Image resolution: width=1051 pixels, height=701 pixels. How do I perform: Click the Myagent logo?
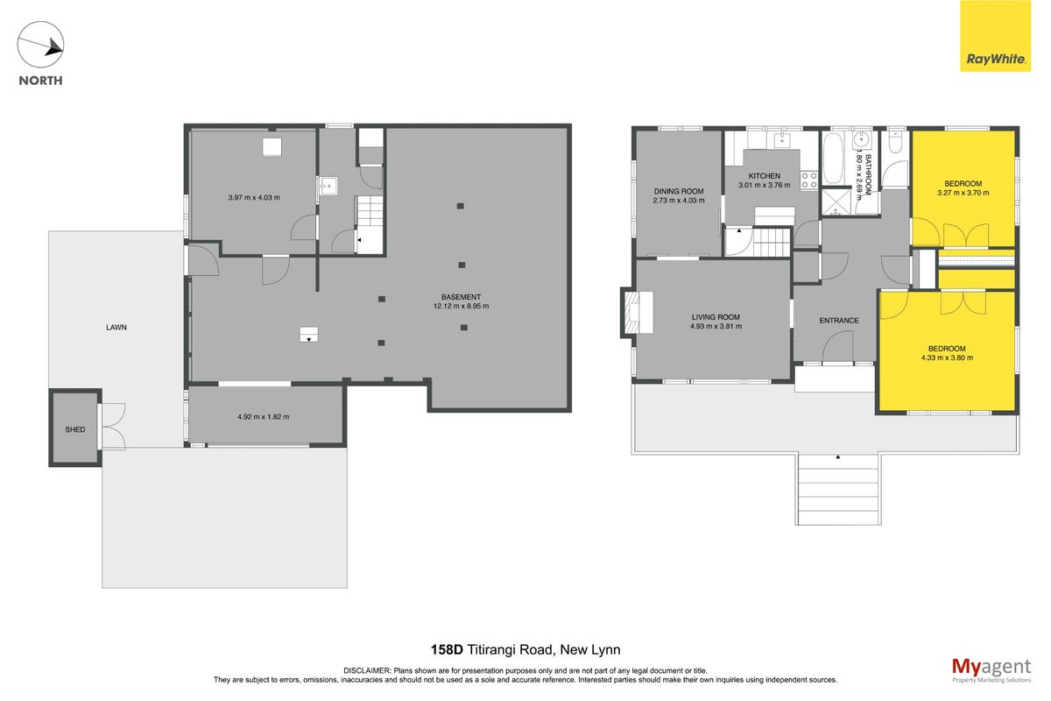coord(991,670)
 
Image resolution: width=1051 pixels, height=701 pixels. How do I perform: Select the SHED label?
coord(75,429)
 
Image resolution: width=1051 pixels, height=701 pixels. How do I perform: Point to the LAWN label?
coord(116,327)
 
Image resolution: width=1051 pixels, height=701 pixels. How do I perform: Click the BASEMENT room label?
coord(461,297)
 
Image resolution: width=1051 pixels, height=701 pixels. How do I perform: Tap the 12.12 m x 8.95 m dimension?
coord(462,306)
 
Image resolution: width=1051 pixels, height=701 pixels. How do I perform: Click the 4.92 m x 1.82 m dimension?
coord(264,416)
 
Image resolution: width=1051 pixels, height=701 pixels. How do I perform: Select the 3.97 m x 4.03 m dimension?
coord(254,198)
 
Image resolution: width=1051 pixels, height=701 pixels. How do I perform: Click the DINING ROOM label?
coord(679,191)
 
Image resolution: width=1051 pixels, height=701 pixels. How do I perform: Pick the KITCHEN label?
coord(765,176)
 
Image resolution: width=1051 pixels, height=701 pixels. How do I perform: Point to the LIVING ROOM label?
coord(716,317)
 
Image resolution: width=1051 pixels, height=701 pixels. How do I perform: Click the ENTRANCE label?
coord(839,320)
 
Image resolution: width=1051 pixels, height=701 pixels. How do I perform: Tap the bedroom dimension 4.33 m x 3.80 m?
coord(947,358)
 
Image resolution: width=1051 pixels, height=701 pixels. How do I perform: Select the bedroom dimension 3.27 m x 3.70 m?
coord(963,193)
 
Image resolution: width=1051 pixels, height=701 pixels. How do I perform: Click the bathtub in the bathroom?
coord(834,159)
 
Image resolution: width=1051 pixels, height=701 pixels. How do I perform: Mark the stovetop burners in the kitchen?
coord(809,181)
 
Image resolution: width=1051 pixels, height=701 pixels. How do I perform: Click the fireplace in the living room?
coord(638,312)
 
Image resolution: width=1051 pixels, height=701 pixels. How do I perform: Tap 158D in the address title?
coord(447,650)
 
